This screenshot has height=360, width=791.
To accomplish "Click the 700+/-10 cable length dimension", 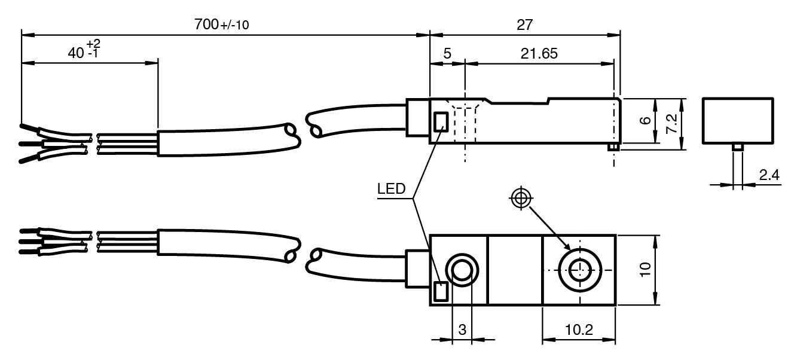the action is pyautogui.click(x=221, y=25).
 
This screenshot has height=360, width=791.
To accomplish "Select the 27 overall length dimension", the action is pyautogui.click(x=524, y=25).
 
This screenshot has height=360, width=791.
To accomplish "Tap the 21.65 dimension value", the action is pyautogui.click(x=539, y=53).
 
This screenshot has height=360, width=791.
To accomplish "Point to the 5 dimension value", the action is pyautogui.click(x=447, y=53).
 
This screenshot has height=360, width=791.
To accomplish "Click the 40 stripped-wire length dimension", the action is pyautogui.click(x=84, y=50).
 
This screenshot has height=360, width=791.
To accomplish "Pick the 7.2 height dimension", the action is pyautogui.click(x=671, y=123).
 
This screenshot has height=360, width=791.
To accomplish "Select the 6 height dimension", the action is pyautogui.click(x=645, y=120).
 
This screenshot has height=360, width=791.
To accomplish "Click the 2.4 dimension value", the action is pyautogui.click(x=769, y=175).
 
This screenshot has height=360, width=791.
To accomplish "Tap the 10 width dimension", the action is pyautogui.click(x=645, y=270).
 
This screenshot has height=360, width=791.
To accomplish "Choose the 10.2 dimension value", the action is pyautogui.click(x=579, y=330).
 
